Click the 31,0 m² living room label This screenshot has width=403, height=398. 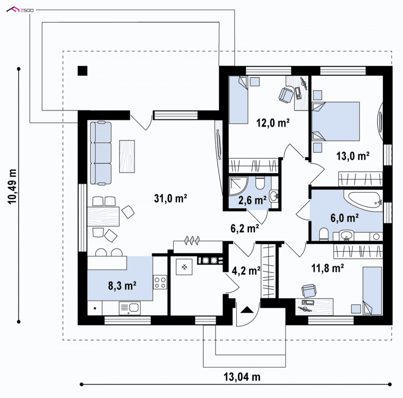(x=170, y=198)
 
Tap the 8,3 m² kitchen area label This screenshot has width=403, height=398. (x=122, y=286)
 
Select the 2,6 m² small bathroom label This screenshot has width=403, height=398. (x=252, y=200)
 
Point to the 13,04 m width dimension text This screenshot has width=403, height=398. (x=242, y=377)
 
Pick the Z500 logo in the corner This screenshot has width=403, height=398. (x=20, y=10)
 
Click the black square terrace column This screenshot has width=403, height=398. (x=83, y=71)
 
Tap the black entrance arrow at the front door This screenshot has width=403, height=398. (x=247, y=310)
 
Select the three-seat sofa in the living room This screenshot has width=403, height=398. (x=101, y=153)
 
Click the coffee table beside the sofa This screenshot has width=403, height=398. (x=127, y=156)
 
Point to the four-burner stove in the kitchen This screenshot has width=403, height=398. (x=160, y=282)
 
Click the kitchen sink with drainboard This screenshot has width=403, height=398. (x=130, y=308)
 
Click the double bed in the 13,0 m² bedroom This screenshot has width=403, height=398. (x=335, y=121)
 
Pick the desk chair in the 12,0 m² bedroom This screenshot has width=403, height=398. (x=286, y=95)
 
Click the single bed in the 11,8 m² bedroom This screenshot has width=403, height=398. (x=372, y=291)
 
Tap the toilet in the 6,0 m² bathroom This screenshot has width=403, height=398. (x=323, y=234)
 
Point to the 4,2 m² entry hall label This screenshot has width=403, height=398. (x=246, y=270)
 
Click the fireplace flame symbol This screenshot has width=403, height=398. (x=192, y=241)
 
